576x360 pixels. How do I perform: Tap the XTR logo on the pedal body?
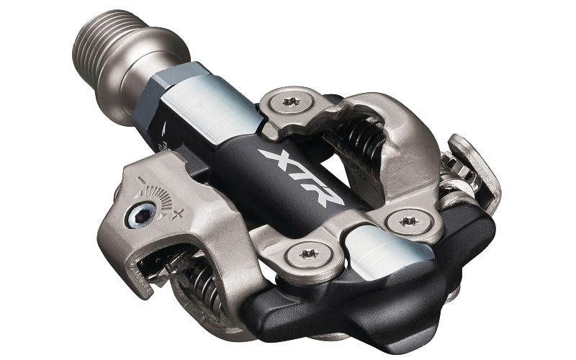(x=300, y=176)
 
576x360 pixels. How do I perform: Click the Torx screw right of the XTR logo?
(x=410, y=222)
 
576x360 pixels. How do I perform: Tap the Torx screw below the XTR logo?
(x=310, y=254)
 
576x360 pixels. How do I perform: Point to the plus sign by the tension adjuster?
(x=178, y=212)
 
